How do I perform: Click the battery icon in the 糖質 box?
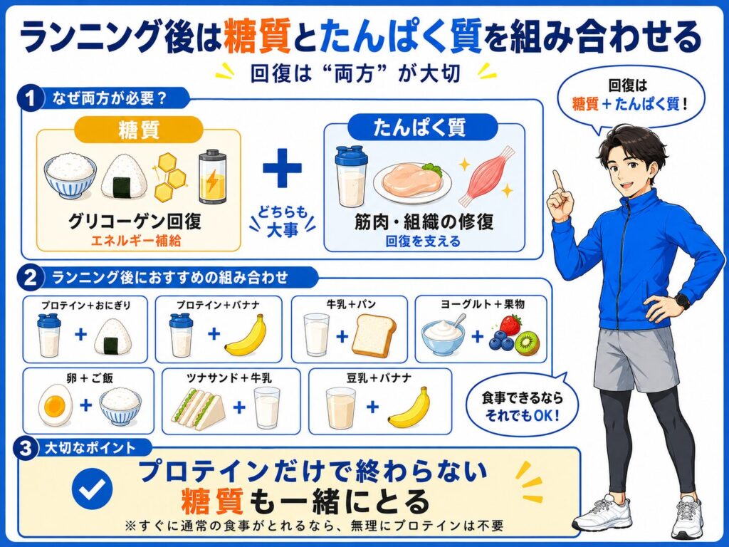click(212, 177)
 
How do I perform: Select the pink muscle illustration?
click(486, 176)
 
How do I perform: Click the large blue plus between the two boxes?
click(282, 168)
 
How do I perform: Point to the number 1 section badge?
click(31, 98)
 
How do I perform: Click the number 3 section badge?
click(26, 449)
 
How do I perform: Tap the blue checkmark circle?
click(92, 489)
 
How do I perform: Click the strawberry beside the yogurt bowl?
click(510, 324)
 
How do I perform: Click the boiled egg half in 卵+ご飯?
click(54, 405)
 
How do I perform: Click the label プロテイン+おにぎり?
click(85, 306)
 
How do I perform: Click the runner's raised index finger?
click(557, 181)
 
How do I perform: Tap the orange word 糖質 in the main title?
click(257, 37)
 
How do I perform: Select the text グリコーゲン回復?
click(135, 222)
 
